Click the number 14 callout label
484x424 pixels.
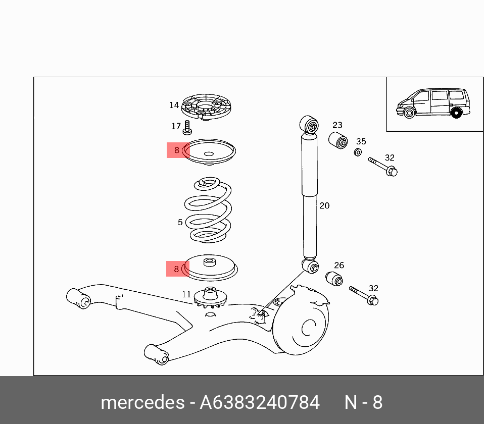(x=174, y=105)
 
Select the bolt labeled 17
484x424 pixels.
(x=187, y=127)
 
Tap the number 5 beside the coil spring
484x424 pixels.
(x=180, y=222)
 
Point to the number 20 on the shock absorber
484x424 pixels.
(x=324, y=205)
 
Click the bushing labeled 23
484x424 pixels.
(x=338, y=140)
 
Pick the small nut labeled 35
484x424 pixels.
(x=357, y=152)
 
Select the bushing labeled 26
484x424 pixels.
(x=334, y=278)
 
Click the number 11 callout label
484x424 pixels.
(x=186, y=294)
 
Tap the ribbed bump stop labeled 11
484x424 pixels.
(x=210, y=298)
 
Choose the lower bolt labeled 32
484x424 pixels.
(x=364, y=296)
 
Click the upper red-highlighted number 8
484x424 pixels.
(x=177, y=150)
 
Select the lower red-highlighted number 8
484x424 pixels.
(x=176, y=269)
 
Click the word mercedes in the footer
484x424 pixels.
(x=142, y=403)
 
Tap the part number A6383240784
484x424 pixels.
(x=260, y=403)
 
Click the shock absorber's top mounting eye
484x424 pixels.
(x=310, y=125)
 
